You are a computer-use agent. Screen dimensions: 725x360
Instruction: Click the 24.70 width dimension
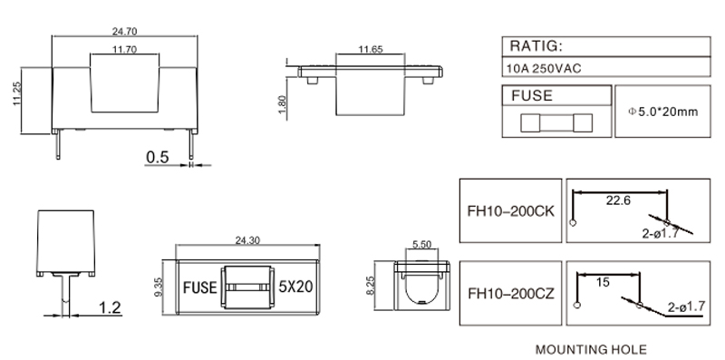pyautogui.click(x=124, y=32)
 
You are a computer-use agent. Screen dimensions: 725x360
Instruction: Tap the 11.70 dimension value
pyautogui.click(x=124, y=49)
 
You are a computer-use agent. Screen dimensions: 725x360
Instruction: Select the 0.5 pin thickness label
pyautogui.click(x=158, y=157)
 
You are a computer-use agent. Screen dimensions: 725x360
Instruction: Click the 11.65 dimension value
pyautogui.click(x=371, y=49)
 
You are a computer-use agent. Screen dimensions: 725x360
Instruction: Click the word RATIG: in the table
pyautogui.click(x=536, y=46)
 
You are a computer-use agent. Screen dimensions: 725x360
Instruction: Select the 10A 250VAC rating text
pyautogui.click(x=544, y=69)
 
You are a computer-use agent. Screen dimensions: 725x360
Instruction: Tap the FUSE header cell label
pyautogui.click(x=532, y=96)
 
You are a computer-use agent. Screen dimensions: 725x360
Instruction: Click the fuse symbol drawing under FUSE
pyautogui.click(x=556, y=123)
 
